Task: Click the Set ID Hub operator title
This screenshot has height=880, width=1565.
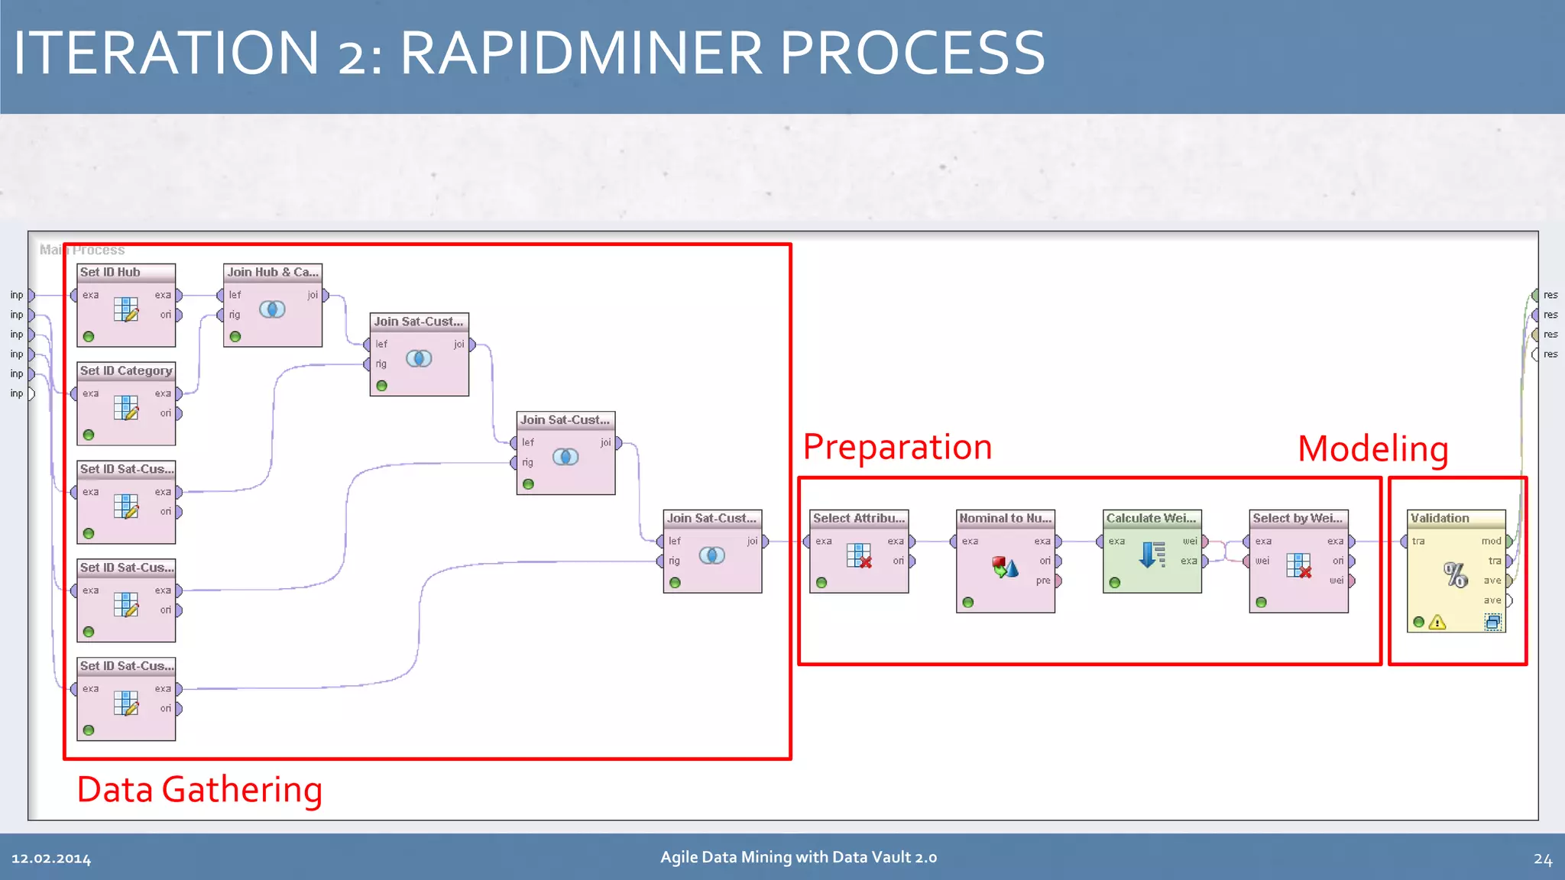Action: [111, 272]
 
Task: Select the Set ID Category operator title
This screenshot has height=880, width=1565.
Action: [126, 370]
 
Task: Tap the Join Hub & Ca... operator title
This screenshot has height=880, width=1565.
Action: [273, 272]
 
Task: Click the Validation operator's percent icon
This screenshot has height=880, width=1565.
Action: [1455, 574]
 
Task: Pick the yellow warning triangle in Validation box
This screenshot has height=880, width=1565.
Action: [1437, 623]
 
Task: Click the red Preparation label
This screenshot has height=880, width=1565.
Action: [897, 447]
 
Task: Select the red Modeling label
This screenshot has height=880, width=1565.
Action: [1372, 448]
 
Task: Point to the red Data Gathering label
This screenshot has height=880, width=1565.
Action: [199, 790]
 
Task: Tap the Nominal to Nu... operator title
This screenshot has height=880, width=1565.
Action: [1005, 518]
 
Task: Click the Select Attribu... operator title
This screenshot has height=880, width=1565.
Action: [858, 518]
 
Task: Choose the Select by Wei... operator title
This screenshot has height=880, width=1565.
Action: [1298, 518]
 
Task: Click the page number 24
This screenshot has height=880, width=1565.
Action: [1542, 859]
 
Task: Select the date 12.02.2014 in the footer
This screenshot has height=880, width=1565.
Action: [51, 859]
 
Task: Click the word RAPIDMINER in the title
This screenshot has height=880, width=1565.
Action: [581, 53]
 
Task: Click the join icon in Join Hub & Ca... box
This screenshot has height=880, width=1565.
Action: [272, 309]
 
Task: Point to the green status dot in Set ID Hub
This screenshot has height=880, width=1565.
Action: [89, 337]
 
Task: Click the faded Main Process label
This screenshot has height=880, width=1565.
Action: [82, 250]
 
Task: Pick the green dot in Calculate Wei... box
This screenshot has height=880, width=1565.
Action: [1115, 583]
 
